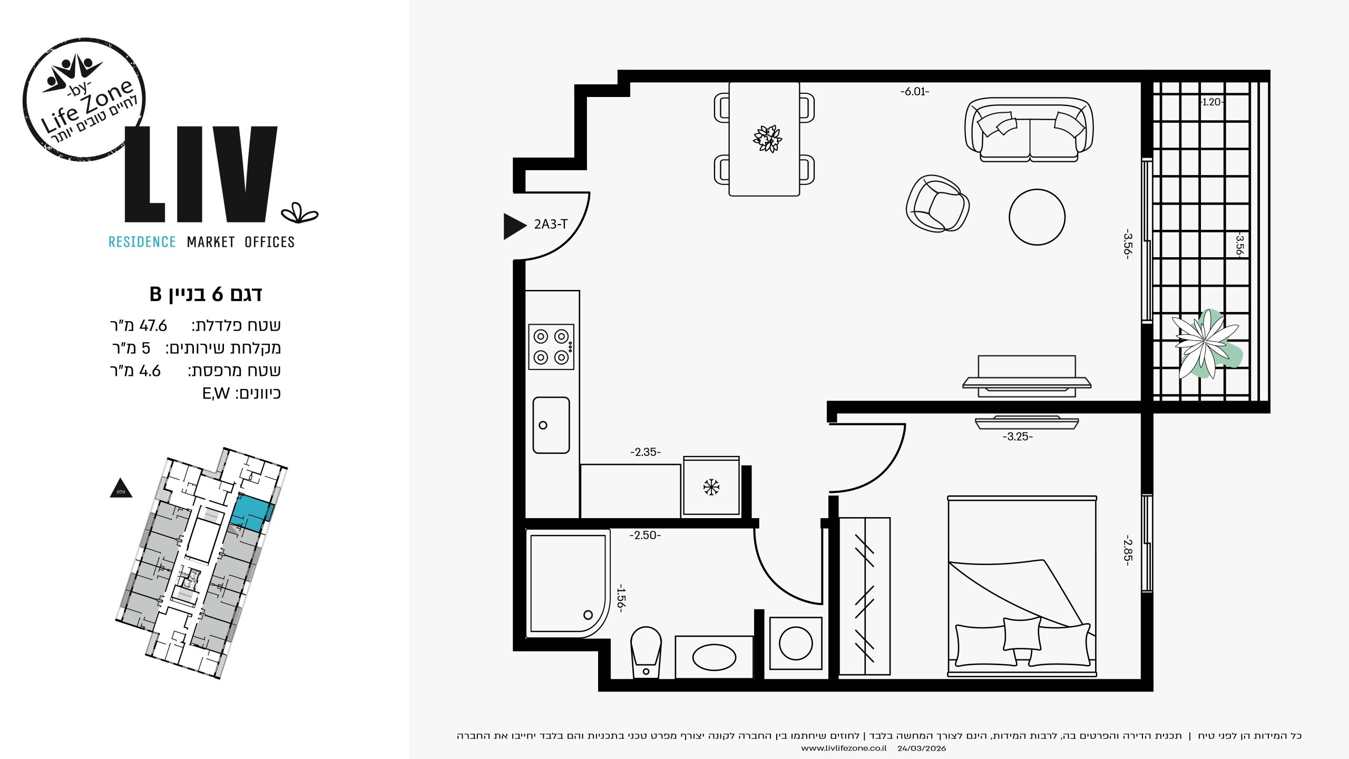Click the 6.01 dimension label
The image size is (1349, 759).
click(x=914, y=92)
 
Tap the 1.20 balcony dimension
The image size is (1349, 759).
click(x=1212, y=102)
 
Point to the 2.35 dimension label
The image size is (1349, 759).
click(x=645, y=452)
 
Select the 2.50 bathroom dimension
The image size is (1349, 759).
click(x=645, y=535)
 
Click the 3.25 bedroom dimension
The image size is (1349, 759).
click(x=1018, y=436)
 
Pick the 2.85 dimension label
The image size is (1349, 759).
click(x=1127, y=551)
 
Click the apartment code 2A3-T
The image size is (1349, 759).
click(x=551, y=224)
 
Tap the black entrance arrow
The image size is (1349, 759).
click(x=515, y=226)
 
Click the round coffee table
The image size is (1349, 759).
click(x=1037, y=217)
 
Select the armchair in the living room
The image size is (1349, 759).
click(x=937, y=203)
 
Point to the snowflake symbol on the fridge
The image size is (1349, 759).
click(x=711, y=487)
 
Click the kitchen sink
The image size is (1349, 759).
click(x=551, y=425)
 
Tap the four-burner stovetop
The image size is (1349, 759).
click(x=551, y=347)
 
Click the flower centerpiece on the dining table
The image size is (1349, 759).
click(x=767, y=139)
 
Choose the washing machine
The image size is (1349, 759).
click(x=796, y=643)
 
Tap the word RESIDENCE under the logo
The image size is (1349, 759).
click(x=142, y=242)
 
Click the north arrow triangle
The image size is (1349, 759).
click(x=121, y=489)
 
